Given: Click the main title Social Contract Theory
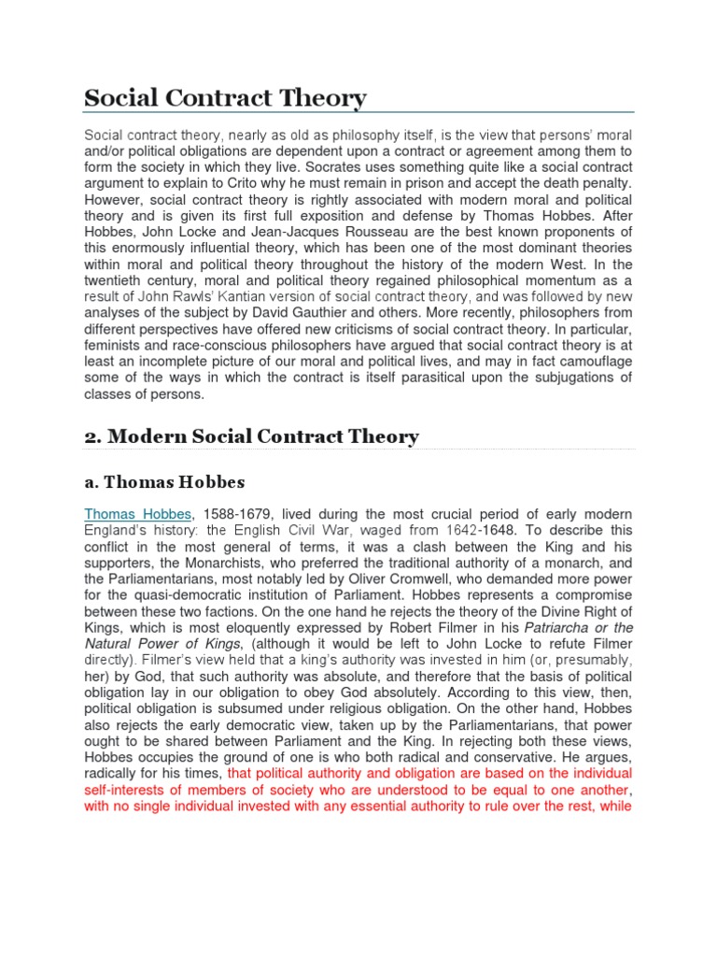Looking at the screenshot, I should [x=225, y=98].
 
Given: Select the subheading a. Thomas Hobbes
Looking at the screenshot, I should [x=164, y=482].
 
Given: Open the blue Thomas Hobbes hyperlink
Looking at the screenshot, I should [x=138, y=515].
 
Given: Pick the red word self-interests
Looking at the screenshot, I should [x=125, y=791].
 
